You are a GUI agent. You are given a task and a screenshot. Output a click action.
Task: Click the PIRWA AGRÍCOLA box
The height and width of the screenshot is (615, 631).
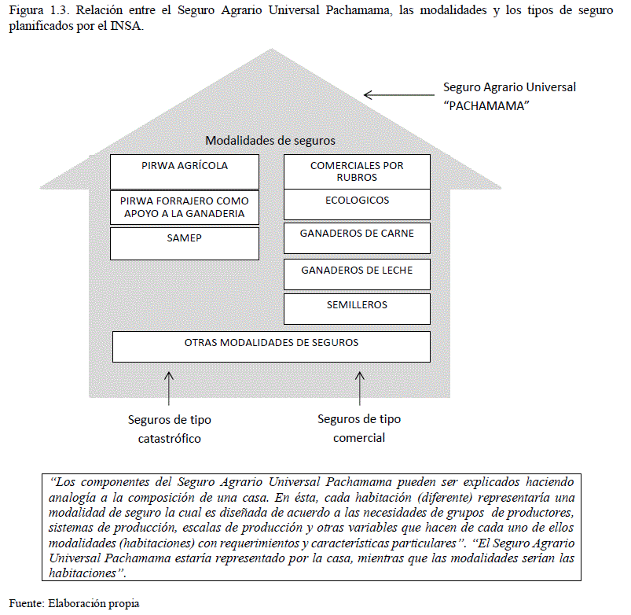click(185, 171)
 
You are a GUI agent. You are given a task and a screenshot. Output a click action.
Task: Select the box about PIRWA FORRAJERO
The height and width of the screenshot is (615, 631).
click(185, 208)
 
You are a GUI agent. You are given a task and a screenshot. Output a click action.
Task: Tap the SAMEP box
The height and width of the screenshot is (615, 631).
click(185, 243)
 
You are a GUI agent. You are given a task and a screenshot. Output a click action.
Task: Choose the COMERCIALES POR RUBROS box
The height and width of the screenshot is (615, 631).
click(357, 171)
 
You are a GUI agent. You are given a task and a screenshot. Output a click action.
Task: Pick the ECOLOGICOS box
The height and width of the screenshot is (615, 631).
click(357, 204)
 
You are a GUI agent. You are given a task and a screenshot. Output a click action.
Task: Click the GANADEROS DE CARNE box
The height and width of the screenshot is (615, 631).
click(357, 238)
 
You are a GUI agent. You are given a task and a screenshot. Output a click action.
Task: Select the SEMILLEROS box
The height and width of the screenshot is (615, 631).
click(357, 307)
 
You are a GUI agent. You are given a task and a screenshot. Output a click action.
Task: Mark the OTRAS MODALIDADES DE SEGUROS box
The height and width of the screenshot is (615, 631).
click(271, 346)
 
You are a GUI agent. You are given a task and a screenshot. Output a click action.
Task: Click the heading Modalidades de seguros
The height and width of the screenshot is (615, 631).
click(270, 141)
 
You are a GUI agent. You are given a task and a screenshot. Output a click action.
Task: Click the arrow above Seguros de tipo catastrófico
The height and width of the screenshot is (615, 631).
click(168, 388)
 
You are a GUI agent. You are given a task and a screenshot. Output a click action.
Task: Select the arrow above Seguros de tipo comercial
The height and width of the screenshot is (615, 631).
click(360, 388)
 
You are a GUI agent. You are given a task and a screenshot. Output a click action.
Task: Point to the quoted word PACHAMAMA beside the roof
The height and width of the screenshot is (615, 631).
click(485, 105)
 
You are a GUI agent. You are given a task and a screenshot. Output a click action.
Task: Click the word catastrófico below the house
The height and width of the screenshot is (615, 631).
click(170, 439)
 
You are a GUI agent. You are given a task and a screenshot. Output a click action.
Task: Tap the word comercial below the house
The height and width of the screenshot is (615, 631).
click(359, 438)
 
